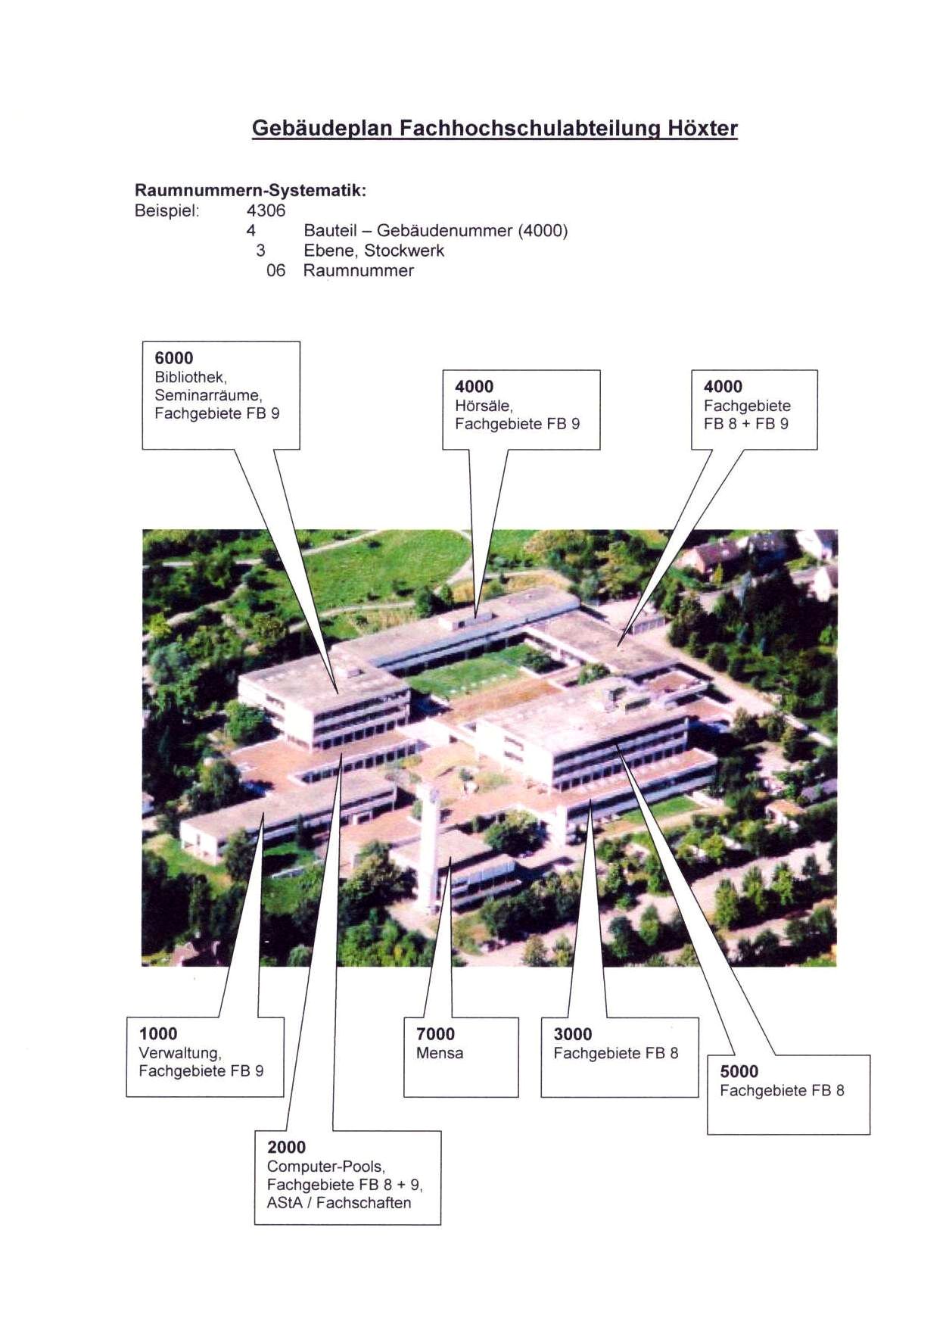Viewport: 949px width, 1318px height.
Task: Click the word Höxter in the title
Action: [x=702, y=128]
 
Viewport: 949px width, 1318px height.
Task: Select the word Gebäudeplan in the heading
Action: [x=322, y=129]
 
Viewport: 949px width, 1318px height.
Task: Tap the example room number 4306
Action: [x=266, y=210]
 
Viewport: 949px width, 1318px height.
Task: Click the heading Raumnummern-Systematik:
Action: [x=250, y=190]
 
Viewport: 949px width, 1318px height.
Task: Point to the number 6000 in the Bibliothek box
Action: [x=174, y=358]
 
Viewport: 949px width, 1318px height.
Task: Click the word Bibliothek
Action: [x=191, y=377]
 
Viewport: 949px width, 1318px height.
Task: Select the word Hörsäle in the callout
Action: [x=484, y=406]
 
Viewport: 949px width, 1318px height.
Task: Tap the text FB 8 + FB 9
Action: [x=745, y=424]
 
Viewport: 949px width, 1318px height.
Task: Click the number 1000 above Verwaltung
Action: [x=158, y=1034]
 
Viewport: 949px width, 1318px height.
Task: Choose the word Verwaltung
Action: [x=179, y=1053]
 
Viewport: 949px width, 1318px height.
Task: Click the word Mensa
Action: [x=440, y=1053]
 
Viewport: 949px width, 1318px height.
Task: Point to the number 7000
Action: [x=436, y=1034]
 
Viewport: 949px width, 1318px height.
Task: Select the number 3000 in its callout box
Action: [x=573, y=1034]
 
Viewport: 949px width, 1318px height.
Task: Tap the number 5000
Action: [x=739, y=1072]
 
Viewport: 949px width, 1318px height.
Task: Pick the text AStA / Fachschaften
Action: [x=339, y=1203]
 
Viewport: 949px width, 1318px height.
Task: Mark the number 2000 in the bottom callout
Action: [x=287, y=1148]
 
